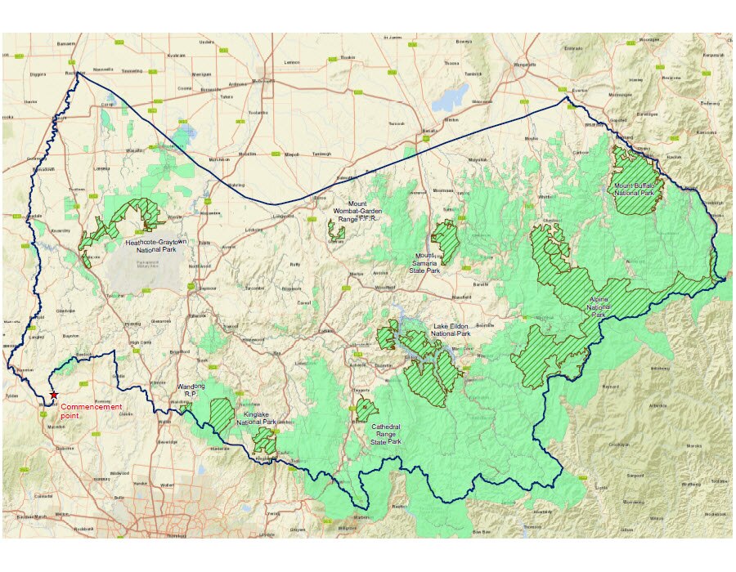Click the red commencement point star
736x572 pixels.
(54, 395)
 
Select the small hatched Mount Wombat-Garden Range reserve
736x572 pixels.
(336, 231)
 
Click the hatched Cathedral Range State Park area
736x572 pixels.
(366, 410)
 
